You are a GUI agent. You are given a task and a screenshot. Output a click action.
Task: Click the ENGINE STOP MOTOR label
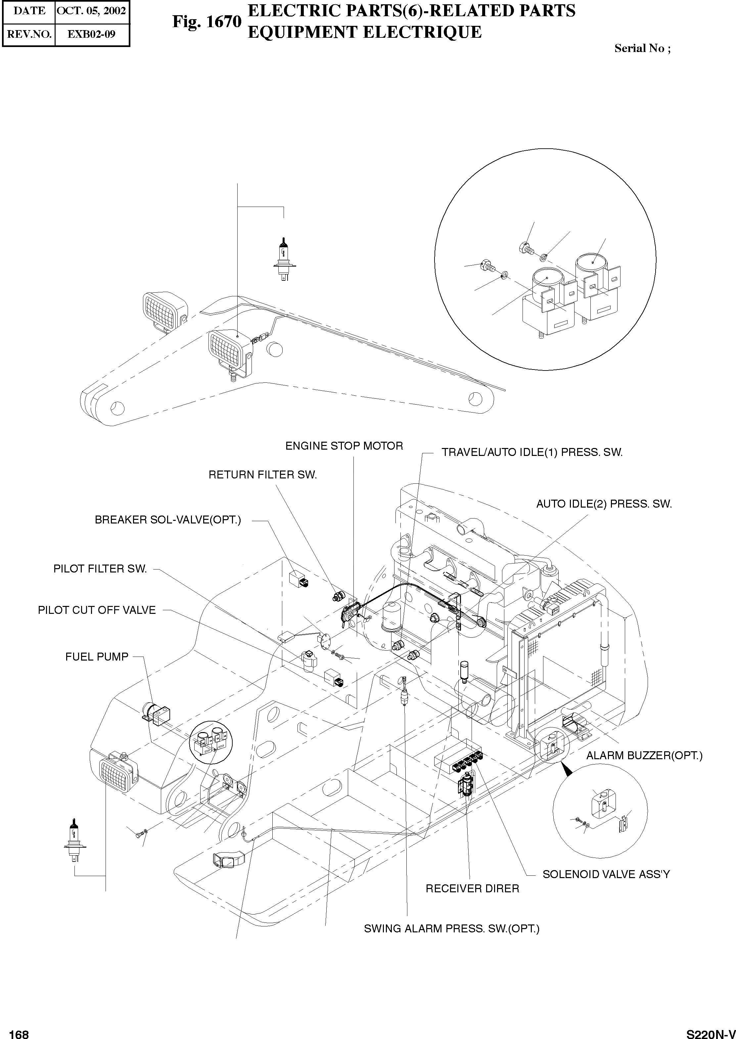[x=344, y=446]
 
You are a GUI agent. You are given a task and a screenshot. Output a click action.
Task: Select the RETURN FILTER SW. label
[x=262, y=475]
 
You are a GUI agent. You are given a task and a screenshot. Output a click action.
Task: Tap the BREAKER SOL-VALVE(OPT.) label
[x=168, y=520]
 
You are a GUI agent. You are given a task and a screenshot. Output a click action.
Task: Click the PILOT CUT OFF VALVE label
[x=97, y=610]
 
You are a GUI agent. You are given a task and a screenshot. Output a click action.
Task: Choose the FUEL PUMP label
[x=97, y=657]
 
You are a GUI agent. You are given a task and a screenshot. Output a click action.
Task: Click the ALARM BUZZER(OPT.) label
[x=644, y=756]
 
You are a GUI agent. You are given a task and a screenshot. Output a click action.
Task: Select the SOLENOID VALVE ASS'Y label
[x=606, y=874]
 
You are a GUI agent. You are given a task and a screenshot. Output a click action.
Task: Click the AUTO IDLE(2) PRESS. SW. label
[x=604, y=504]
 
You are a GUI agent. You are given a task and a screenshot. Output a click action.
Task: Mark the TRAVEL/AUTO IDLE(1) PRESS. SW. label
[x=532, y=452]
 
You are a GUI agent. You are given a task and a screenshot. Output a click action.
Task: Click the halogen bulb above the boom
[x=283, y=260]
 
